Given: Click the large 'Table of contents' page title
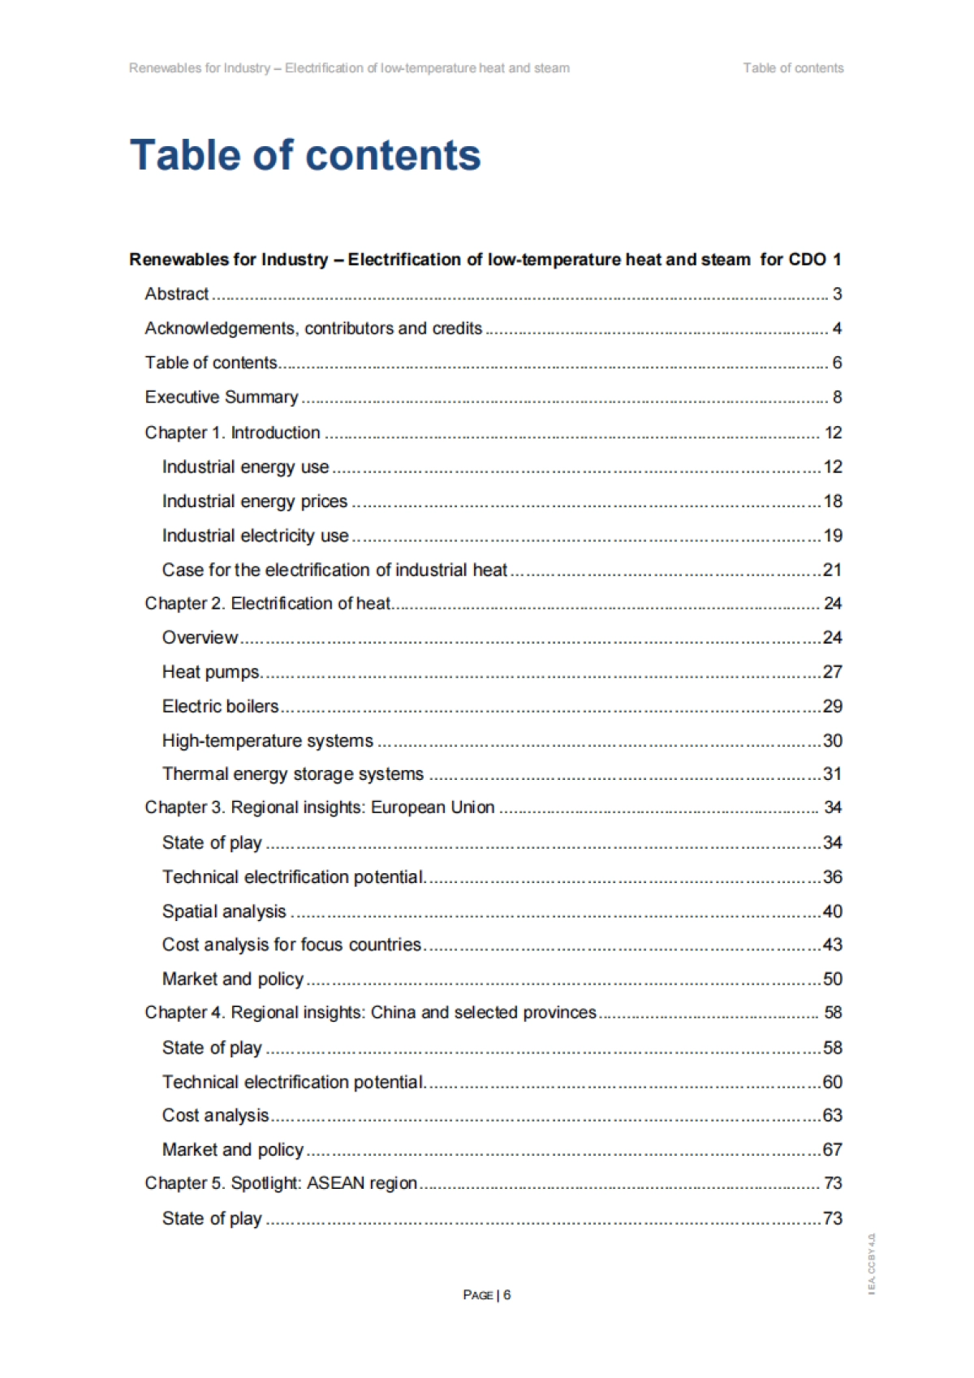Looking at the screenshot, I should [305, 155].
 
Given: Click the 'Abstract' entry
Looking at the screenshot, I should [177, 294].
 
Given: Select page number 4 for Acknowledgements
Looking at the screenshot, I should [837, 329].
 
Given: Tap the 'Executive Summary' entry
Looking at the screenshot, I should [222, 397].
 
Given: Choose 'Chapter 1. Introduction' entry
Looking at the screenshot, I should [232, 433].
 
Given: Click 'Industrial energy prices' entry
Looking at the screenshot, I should [255, 502].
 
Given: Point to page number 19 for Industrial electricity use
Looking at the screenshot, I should [833, 536].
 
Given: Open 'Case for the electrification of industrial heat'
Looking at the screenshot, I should [334, 570].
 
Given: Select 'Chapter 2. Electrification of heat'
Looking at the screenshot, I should [268, 604].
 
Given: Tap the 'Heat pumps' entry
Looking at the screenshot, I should [212, 672].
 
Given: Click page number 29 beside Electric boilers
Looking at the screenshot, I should [833, 706].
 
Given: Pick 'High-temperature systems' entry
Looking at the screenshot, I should [268, 740].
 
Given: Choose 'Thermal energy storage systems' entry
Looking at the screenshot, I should [293, 774].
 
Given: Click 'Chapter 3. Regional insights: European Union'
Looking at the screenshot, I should [320, 807].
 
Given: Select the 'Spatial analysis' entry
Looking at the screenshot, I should [224, 911].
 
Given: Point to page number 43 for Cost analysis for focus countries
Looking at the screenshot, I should [833, 945].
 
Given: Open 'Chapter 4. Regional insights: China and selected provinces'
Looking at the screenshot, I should [371, 1013].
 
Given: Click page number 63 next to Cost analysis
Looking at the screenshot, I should [833, 1115].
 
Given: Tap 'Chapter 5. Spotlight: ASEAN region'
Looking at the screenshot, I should [281, 1183].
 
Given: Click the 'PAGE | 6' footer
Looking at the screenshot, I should [487, 1294].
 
